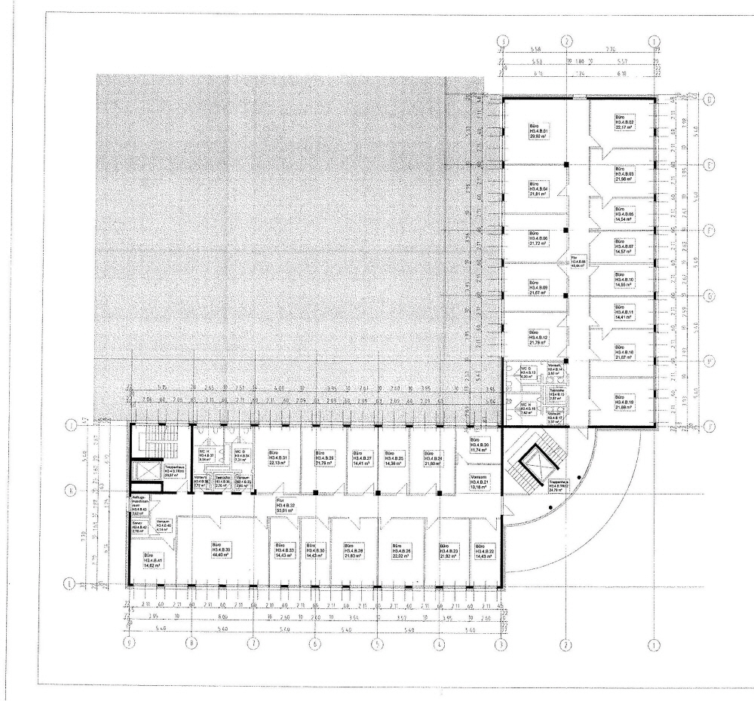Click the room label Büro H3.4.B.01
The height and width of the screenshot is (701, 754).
(538, 131)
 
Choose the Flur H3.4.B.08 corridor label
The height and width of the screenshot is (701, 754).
(578, 262)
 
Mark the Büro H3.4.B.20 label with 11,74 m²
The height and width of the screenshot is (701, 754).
(480, 445)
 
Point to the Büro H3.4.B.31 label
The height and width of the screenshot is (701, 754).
(278, 458)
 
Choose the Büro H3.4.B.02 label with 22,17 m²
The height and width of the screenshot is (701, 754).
(625, 123)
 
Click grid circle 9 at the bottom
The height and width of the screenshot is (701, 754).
(129, 644)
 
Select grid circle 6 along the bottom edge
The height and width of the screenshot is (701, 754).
(316, 644)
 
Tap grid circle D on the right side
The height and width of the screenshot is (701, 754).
(709, 99)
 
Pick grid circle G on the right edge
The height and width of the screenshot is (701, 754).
(709, 295)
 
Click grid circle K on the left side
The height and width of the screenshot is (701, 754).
(72, 491)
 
